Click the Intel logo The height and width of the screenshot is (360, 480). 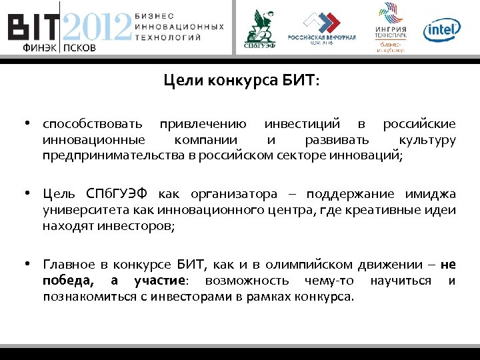(x=443, y=29)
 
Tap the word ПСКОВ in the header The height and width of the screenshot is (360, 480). (x=79, y=48)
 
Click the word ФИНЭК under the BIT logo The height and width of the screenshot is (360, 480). (x=39, y=48)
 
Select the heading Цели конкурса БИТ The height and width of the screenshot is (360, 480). (x=241, y=81)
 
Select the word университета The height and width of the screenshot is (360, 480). (x=77, y=210)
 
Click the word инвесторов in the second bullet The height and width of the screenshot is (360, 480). (x=139, y=226)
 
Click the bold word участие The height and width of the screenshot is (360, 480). (x=161, y=280)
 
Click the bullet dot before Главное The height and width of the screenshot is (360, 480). (x=29, y=264)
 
